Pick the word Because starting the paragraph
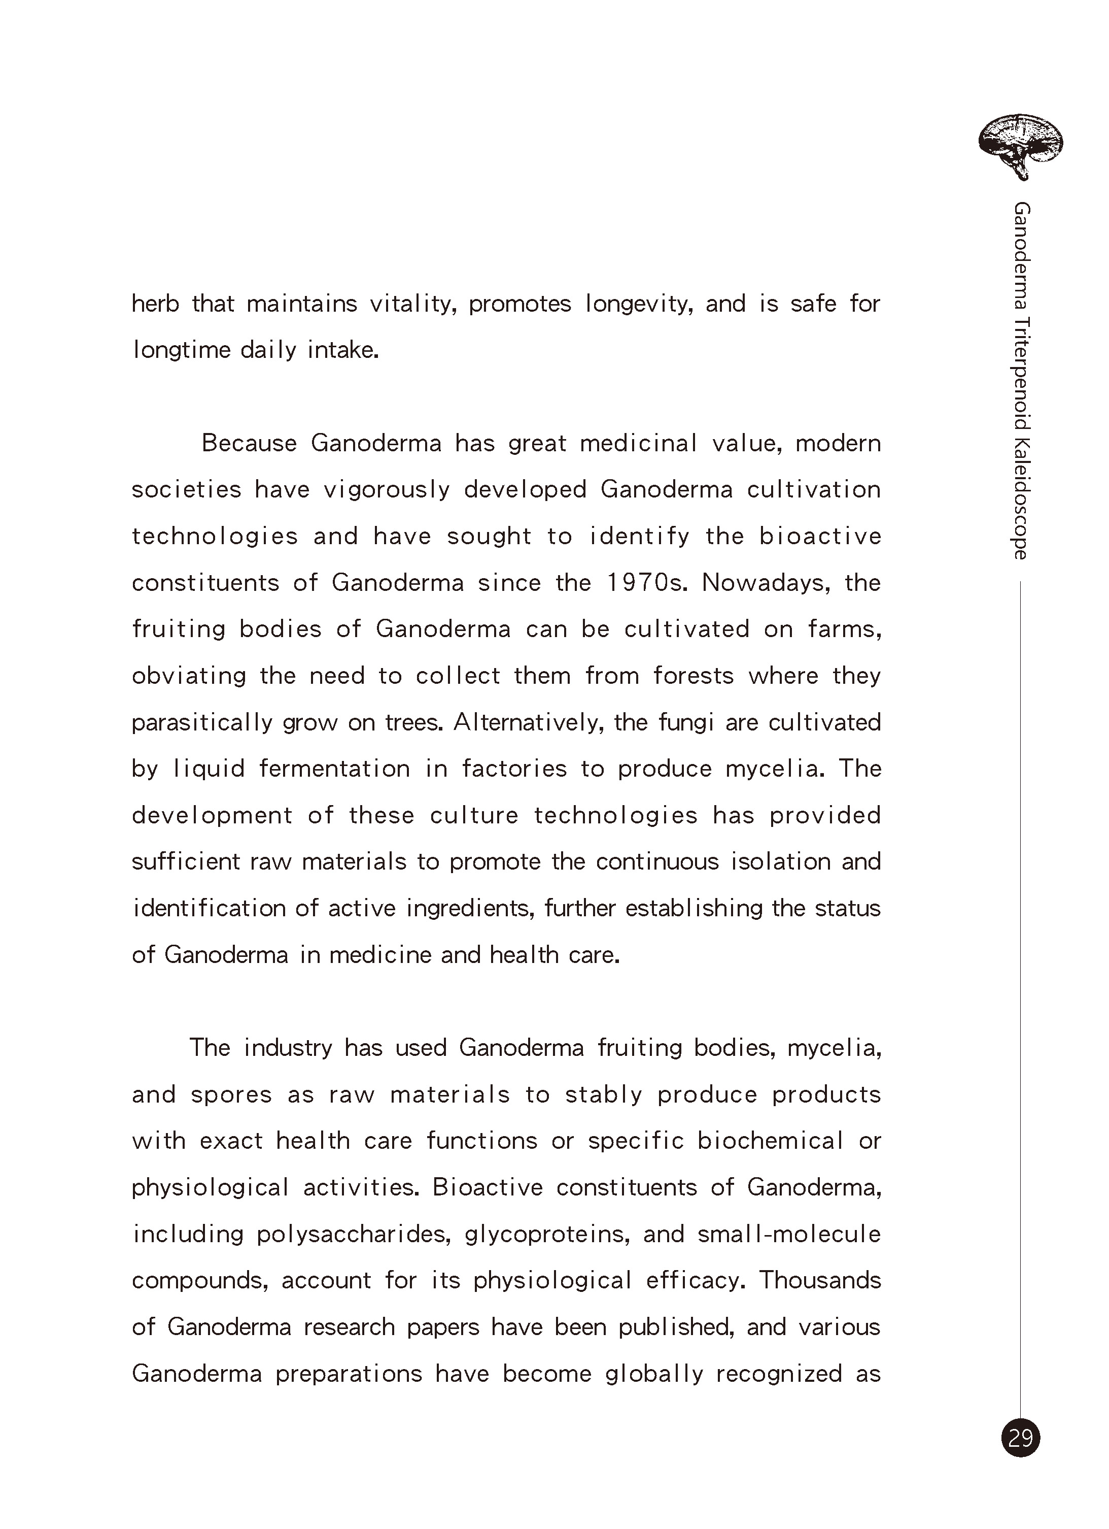tap(249, 444)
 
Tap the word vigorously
tap(387, 490)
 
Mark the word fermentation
tap(334, 769)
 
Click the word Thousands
tap(820, 1280)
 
